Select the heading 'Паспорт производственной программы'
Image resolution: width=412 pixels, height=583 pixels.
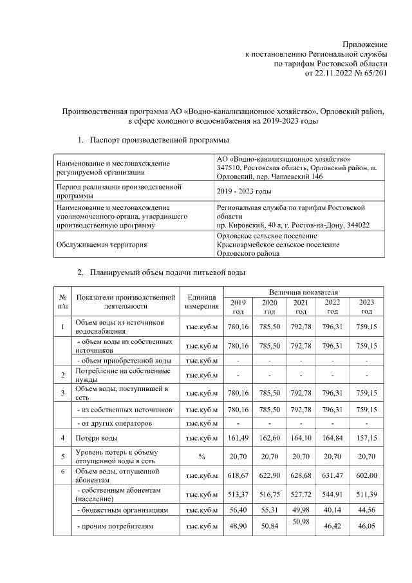[x=158, y=140]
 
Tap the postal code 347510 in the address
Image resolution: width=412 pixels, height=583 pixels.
[x=229, y=168]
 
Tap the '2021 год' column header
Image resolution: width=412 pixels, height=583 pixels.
[x=301, y=307]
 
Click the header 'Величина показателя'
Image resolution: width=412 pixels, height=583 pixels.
[x=301, y=292]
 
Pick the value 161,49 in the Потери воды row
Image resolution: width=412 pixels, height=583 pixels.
[x=238, y=439]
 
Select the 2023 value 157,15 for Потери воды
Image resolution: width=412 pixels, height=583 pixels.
[x=366, y=439]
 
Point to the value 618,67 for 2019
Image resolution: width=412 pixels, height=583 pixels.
[x=238, y=475]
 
